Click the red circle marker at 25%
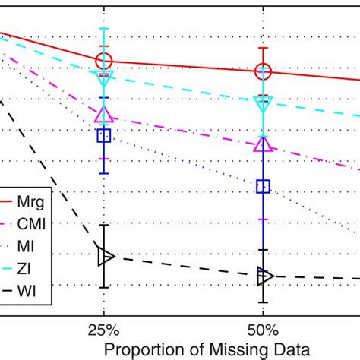coord(104,61)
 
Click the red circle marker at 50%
coord(263,71)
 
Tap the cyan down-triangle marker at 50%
coord(263,102)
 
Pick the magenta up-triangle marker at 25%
coord(104,115)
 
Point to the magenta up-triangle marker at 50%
coord(263,144)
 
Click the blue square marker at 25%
coord(104,136)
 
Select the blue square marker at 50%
coord(263,186)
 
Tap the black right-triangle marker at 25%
coord(106,257)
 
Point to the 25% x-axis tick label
coord(104,331)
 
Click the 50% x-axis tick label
coord(263,331)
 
